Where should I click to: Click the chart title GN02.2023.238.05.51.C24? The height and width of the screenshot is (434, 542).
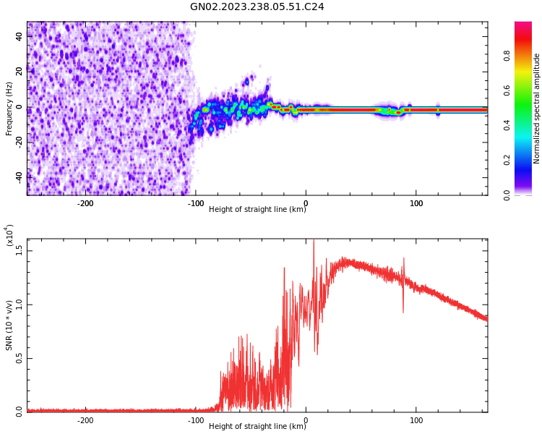[x=257, y=7]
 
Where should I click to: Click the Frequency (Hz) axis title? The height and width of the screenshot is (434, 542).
[x=9, y=109]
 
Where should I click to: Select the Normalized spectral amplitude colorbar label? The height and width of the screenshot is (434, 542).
[x=537, y=109]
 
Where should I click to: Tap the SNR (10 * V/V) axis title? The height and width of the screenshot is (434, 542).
[x=9, y=325]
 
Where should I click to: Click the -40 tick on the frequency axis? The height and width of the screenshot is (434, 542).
[x=18, y=176]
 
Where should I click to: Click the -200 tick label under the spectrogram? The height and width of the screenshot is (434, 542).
[x=85, y=203]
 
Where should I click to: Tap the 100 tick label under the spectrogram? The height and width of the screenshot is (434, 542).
[x=416, y=203]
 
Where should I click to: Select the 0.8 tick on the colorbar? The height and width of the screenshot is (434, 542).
[x=527, y=56]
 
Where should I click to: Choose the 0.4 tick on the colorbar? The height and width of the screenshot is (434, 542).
[x=527, y=125]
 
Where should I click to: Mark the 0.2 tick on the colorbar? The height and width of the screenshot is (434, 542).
[x=527, y=160]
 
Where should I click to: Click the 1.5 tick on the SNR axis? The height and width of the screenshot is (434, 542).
[x=20, y=250]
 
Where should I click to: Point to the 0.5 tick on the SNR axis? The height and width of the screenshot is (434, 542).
[x=20, y=357]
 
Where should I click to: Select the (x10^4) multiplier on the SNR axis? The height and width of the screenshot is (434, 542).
[x=9, y=236]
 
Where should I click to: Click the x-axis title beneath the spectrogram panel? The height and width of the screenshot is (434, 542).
[x=257, y=210]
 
